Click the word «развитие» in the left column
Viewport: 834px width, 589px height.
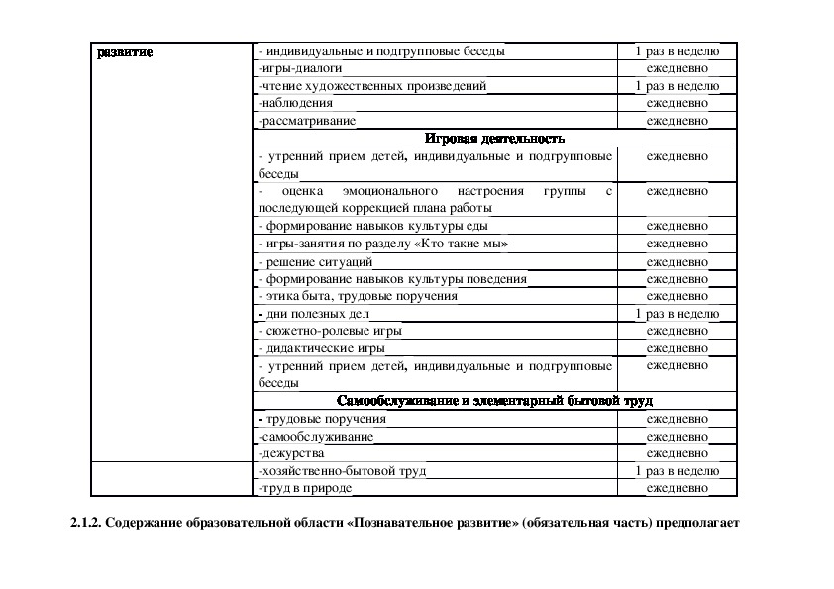point(125,51)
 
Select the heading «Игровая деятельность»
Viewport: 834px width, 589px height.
point(494,139)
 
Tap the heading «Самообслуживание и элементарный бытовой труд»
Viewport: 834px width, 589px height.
point(494,401)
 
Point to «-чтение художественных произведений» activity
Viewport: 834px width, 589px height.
point(371,86)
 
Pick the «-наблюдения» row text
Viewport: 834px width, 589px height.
point(294,103)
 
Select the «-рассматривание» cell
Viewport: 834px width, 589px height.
point(305,121)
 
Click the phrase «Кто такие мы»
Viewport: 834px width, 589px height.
point(470,244)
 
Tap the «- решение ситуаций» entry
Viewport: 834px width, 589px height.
point(315,262)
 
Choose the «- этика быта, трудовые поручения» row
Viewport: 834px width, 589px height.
point(357,296)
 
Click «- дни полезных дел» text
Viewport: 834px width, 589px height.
point(313,314)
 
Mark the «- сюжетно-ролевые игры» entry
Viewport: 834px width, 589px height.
point(329,331)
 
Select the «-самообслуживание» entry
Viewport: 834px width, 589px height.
point(315,436)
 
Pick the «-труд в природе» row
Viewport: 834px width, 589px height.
point(304,488)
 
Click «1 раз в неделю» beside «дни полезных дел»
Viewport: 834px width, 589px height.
point(678,314)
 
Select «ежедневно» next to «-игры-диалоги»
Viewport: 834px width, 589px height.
point(678,69)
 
